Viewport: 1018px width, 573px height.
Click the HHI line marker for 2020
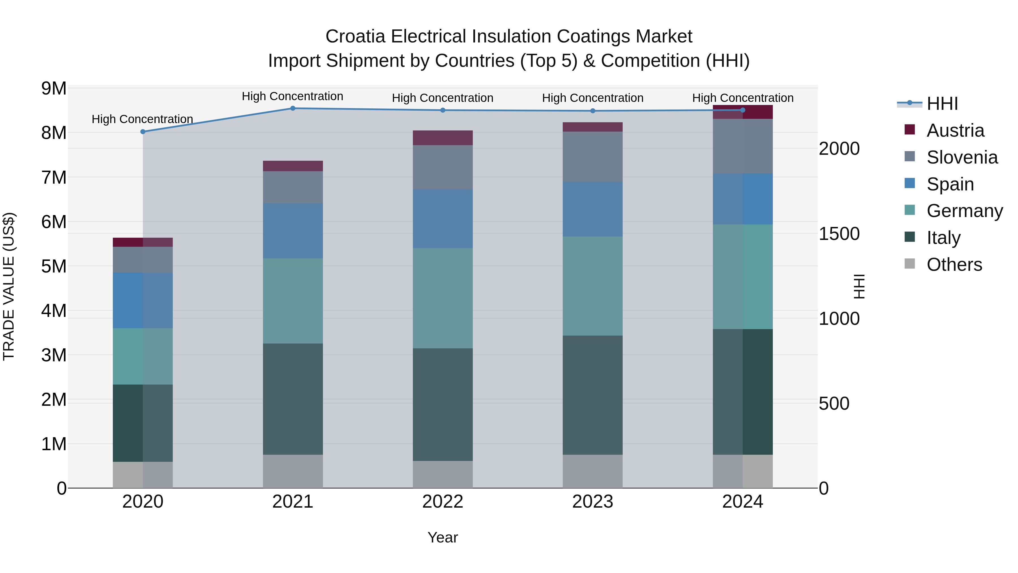click(143, 132)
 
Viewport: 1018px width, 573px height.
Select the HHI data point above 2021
click(293, 108)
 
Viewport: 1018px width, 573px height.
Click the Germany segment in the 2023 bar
click(592, 286)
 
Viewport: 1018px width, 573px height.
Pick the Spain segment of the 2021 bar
click(293, 231)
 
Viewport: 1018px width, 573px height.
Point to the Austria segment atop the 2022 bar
click(443, 138)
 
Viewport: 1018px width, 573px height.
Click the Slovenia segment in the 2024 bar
click(743, 146)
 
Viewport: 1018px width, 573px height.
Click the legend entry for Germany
click(964, 211)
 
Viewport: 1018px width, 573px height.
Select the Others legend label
click(954, 265)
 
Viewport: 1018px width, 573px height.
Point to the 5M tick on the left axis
click(54, 266)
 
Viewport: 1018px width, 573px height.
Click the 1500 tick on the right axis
click(839, 234)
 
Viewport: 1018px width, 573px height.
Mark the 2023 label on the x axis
click(592, 501)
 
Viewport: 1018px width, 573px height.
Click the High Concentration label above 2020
click(142, 119)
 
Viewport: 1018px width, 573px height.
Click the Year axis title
click(443, 537)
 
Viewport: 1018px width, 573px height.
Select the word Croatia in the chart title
click(355, 37)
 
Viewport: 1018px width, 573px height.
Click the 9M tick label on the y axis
click(54, 88)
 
